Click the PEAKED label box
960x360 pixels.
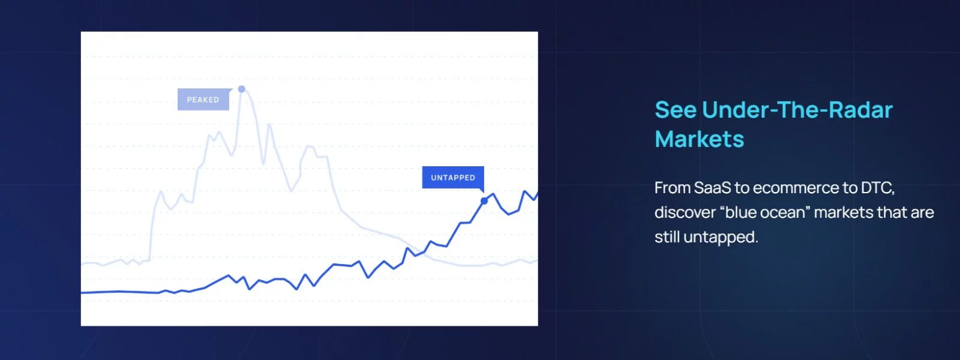coord(203,100)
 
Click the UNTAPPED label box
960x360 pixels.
coord(452,178)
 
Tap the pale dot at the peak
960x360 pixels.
coord(242,89)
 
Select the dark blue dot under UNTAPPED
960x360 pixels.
coord(484,201)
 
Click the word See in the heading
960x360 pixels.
coord(675,110)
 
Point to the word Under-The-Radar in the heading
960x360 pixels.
coord(797,110)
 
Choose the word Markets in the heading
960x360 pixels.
coord(699,139)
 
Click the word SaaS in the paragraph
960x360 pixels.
coord(712,188)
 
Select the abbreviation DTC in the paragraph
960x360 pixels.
coord(877,188)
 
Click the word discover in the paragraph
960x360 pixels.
coord(684,212)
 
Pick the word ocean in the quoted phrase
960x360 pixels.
coord(782,212)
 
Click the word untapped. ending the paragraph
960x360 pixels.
coord(721,238)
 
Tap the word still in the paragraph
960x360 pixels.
coord(667,237)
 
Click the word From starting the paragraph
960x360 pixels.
coord(672,188)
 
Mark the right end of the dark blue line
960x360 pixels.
coord(536,193)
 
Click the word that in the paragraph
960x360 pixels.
coord(891,212)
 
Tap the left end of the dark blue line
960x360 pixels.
coord(82,292)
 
